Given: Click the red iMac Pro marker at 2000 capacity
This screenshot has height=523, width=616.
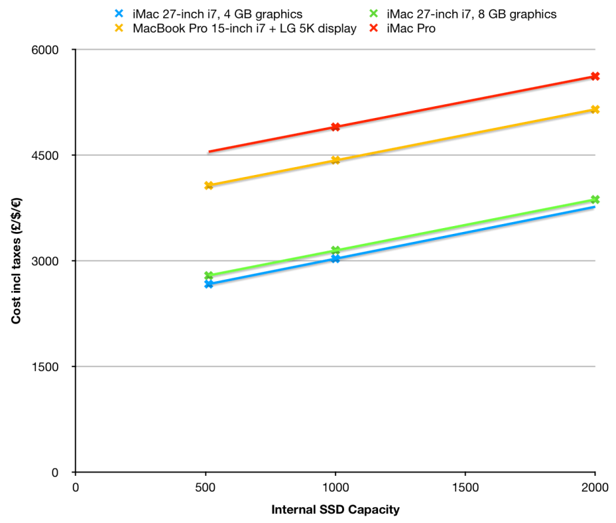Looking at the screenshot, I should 595,76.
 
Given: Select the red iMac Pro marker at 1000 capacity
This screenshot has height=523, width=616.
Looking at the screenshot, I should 336,126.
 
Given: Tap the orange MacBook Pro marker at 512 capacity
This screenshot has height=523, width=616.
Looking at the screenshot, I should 208,185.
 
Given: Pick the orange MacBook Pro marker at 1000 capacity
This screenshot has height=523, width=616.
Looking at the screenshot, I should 336,160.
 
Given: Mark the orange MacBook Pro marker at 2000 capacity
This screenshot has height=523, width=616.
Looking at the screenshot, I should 595,109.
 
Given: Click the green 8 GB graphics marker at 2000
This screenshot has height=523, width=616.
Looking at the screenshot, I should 595,199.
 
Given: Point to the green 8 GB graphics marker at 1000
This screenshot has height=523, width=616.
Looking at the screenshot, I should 336,250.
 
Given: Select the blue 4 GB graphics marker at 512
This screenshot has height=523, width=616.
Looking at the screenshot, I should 208,284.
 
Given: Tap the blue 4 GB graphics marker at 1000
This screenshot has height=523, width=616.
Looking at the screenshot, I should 336,259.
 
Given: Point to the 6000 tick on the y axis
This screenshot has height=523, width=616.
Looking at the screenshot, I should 47,50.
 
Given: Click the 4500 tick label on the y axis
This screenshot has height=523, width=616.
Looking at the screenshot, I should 47,155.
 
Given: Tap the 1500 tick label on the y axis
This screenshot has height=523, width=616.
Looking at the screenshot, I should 47,366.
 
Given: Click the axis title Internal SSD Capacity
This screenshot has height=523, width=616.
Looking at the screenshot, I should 335,509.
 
